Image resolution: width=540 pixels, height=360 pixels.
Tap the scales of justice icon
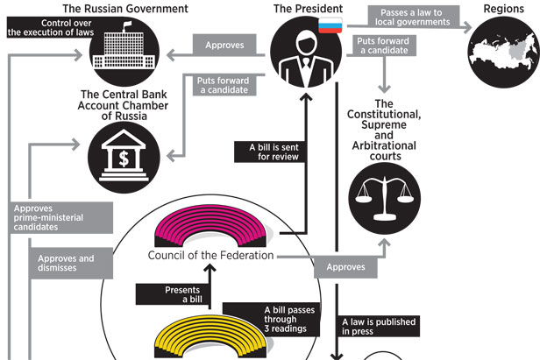(x=384, y=201)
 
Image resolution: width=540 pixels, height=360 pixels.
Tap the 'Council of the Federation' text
(x=210, y=256)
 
